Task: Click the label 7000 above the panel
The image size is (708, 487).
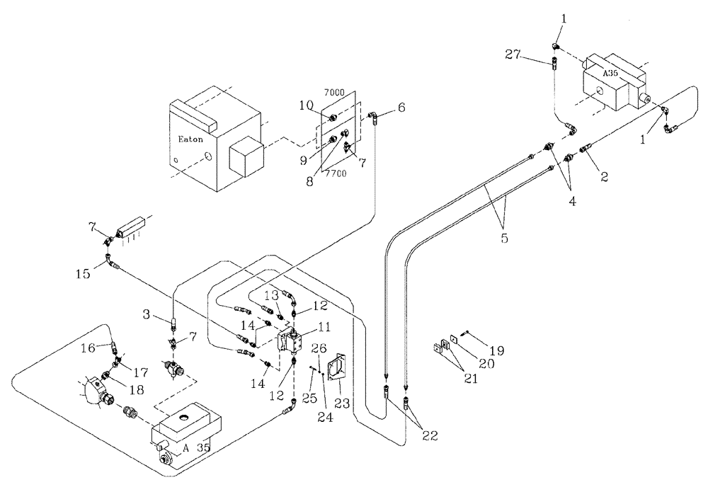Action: point(333,92)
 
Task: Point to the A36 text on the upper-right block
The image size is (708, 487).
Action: point(611,72)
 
